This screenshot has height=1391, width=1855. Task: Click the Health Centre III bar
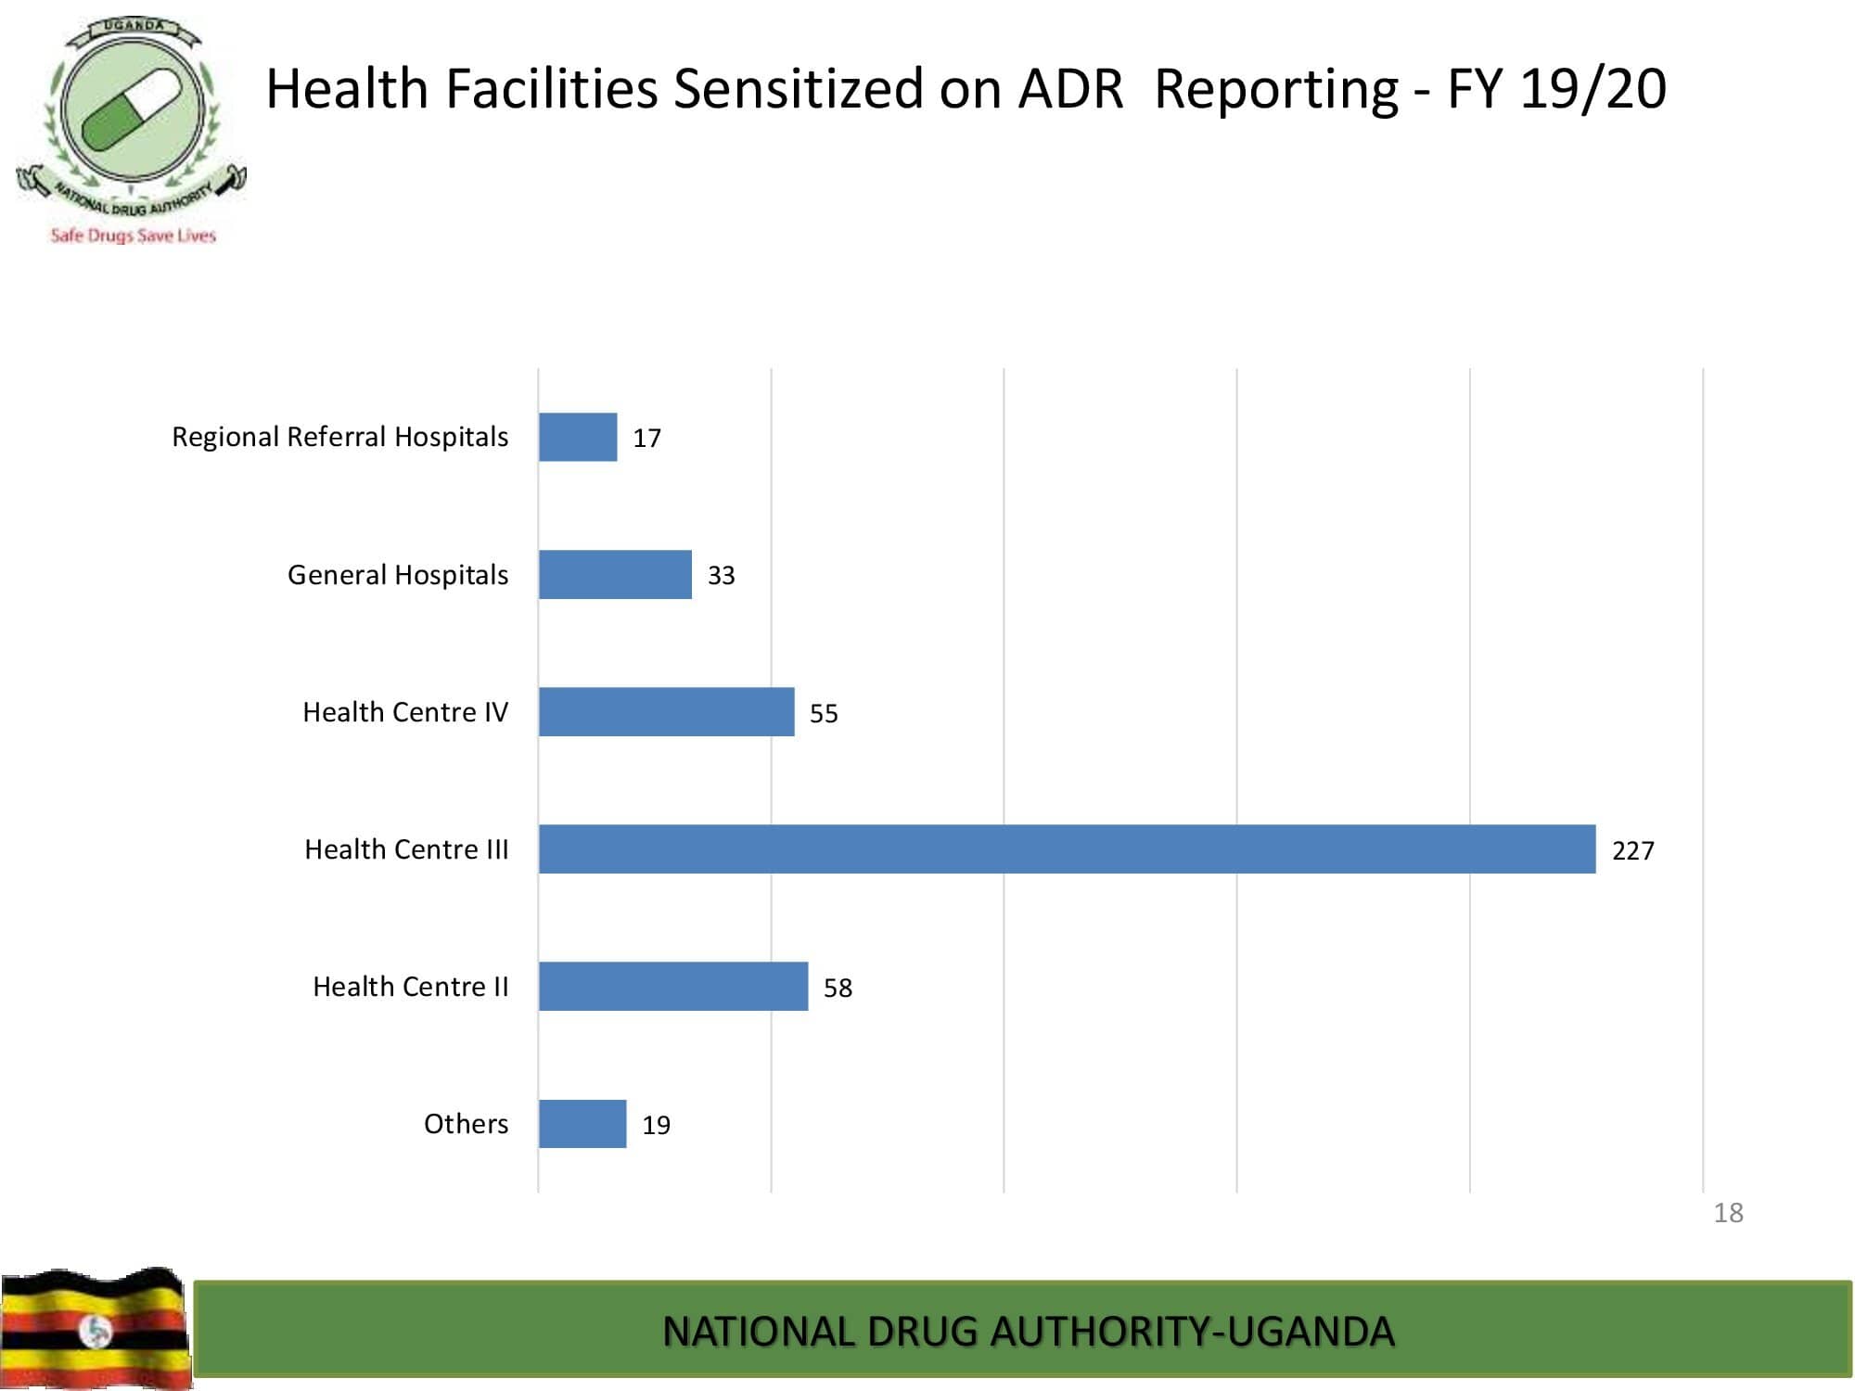[1067, 849]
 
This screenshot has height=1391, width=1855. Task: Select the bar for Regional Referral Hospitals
[578, 437]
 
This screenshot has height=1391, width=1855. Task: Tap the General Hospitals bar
[615, 574]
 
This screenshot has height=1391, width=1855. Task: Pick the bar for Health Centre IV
[666, 711]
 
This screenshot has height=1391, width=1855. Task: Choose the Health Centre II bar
[673, 986]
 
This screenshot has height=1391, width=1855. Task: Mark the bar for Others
[582, 1123]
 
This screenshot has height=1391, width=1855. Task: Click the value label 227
[1632, 850]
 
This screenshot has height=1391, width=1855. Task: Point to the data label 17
[646, 438]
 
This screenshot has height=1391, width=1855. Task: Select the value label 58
[838, 988]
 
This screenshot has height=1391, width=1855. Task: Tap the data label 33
[721, 576]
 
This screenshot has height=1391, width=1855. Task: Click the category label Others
[466, 1124]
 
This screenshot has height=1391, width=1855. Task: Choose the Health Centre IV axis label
[405, 712]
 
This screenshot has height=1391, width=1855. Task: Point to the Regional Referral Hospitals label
[339, 437]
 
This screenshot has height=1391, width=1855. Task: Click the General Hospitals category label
[398, 575]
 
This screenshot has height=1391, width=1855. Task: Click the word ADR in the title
[1070, 89]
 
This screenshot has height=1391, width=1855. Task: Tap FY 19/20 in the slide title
[1556, 89]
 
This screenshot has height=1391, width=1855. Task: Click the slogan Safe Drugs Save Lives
[133, 236]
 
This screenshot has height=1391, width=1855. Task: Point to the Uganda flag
[95, 1328]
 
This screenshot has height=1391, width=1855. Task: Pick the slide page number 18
[1728, 1212]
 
